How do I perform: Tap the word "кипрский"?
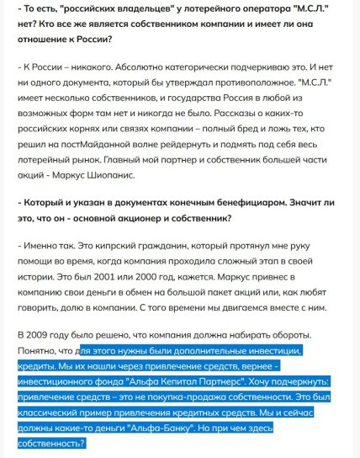[106, 247]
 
